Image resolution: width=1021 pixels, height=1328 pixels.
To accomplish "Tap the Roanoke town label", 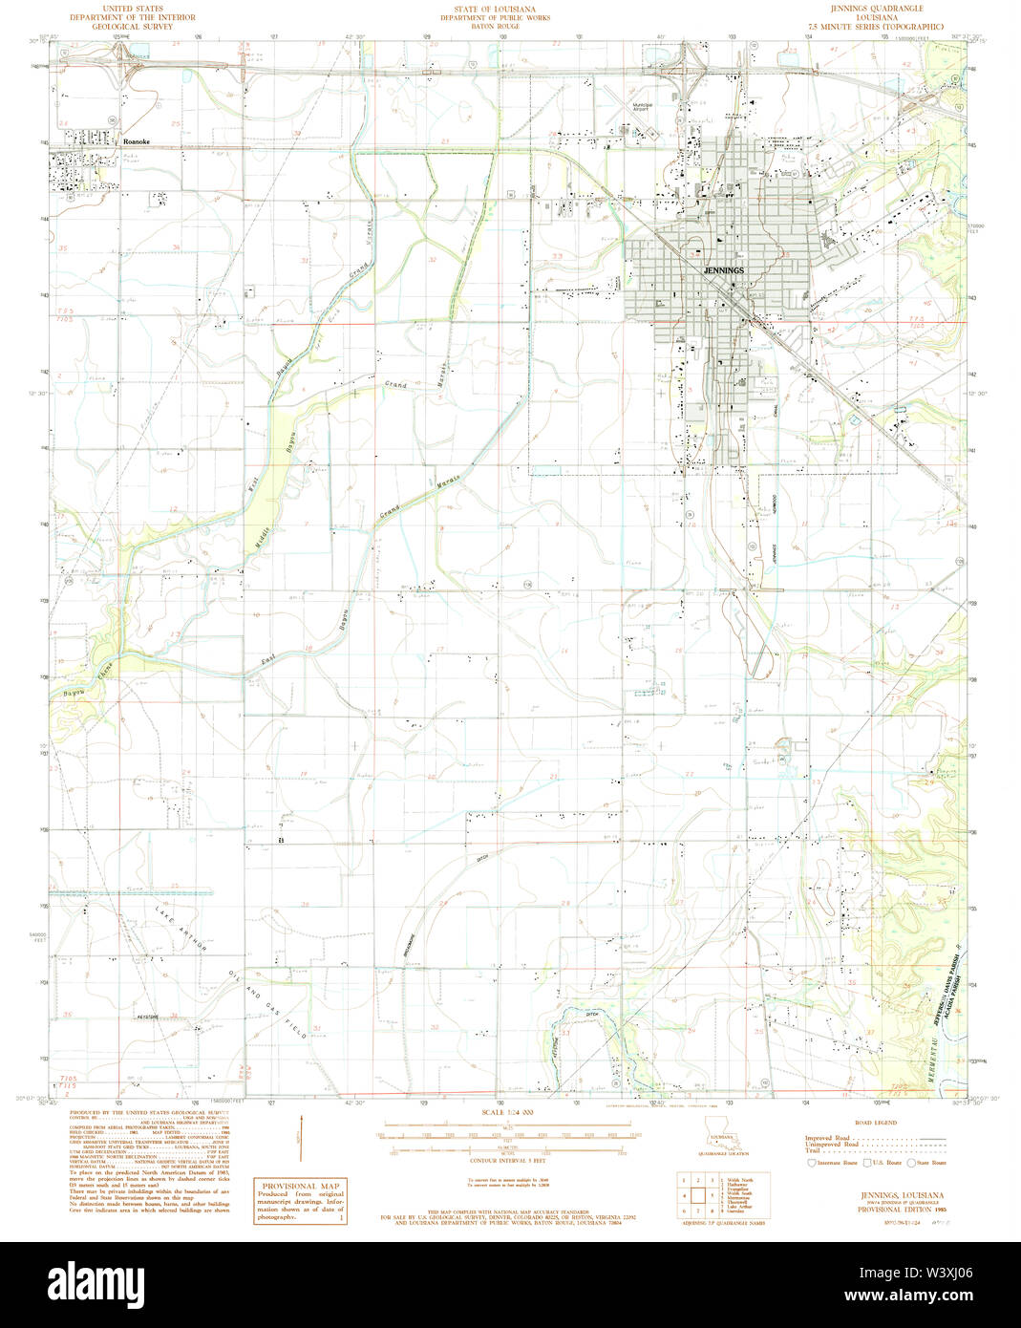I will (137, 140).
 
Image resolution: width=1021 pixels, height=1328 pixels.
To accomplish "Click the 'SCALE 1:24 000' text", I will (508, 1112).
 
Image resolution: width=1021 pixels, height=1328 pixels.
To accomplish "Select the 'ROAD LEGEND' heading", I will (875, 1123).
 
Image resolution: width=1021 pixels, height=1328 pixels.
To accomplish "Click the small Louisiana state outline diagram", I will (724, 1128).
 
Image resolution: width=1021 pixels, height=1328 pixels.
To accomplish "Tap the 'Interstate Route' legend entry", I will (833, 1163).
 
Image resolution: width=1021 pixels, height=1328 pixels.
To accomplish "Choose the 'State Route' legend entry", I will (926, 1163).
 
